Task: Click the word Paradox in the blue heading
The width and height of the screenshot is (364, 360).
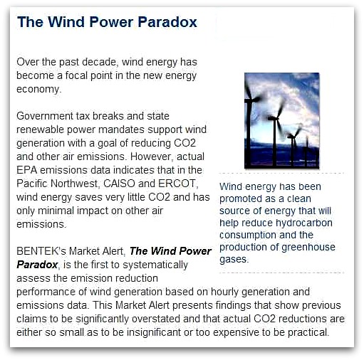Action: tap(167, 22)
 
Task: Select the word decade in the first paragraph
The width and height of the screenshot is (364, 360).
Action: tap(99, 62)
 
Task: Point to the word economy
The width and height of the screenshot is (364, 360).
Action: tap(38, 90)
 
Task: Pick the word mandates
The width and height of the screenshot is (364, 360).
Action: tap(121, 129)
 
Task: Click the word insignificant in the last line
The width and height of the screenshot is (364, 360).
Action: tap(154, 332)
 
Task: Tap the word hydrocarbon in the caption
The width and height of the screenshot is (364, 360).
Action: tap(304, 223)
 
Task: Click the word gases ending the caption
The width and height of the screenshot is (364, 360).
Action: tap(234, 260)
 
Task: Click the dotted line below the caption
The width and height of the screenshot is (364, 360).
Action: tap(281, 272)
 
